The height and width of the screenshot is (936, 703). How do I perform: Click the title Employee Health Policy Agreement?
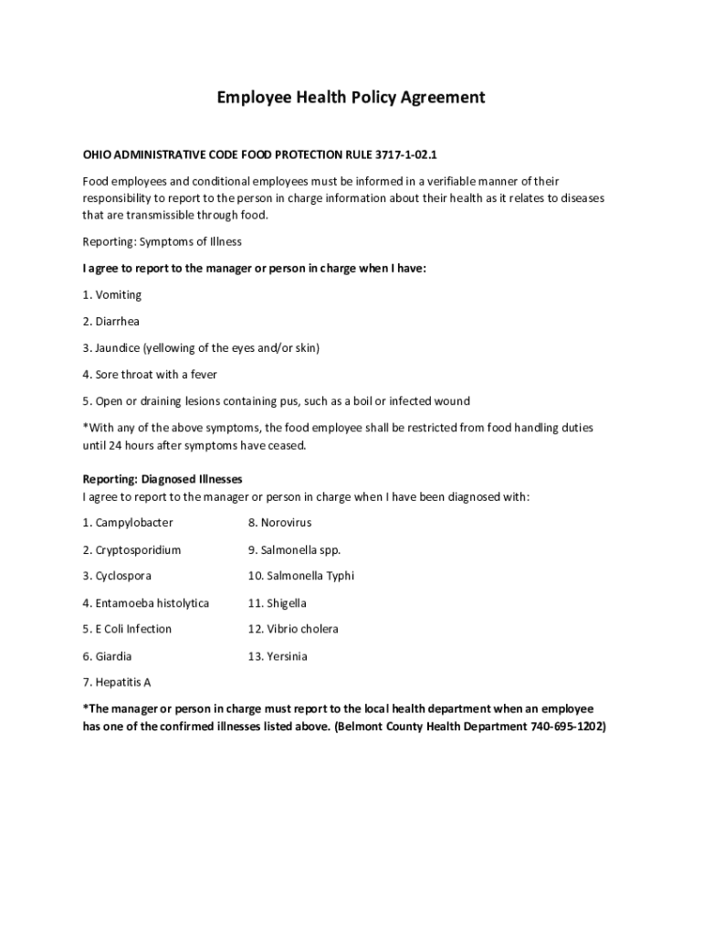pyautogui.click(x=351, y=97)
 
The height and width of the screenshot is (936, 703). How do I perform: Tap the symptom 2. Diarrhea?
pyautogui.click(x=111, y=322)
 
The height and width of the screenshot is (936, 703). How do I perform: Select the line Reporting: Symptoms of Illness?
pyautogui.click(x=163, y=242)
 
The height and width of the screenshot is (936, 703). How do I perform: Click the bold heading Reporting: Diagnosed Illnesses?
pyautogui.click(x=163, y=479)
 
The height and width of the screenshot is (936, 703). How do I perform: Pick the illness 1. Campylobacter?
pyautogui.click(x=128, y=523)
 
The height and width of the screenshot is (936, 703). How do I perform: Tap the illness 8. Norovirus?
pyautogui.click(x=280, y=523)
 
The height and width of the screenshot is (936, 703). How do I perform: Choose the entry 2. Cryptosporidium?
pyautogui.click(x=131, y=550)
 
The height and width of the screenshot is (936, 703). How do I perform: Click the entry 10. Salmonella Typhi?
pyautogui.click(x=301, y=576)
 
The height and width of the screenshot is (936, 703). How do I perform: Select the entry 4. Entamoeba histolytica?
pyautogui.click(x=146, y=603)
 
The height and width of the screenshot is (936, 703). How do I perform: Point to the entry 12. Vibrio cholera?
pyautogui.click(x=293, y=629)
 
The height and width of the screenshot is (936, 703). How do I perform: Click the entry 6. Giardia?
pyautogui.click(x=108, y=656)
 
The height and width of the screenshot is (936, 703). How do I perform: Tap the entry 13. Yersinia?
pyautogui.click(x=278, y=656)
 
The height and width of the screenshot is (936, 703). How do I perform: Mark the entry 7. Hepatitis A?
pyautogui.click(x=117, y=683)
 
